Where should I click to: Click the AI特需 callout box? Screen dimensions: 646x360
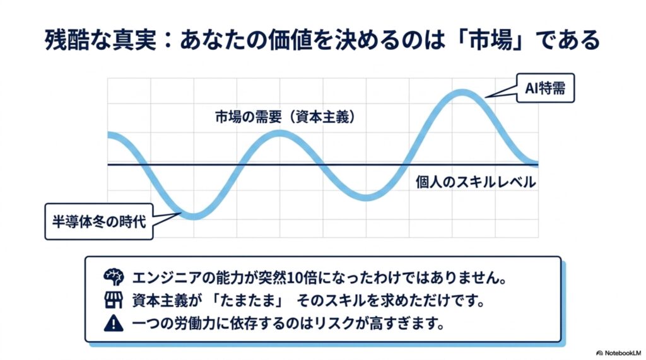[x=545, y=88]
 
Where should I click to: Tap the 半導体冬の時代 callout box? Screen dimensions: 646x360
[x=99, y=221]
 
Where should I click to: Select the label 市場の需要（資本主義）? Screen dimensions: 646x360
[x=285, y=117]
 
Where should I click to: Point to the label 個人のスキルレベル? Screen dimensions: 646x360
[x=476, y=182]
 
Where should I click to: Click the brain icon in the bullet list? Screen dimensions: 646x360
[x=114, y=277]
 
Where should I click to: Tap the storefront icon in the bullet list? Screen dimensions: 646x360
[x=114, y=301]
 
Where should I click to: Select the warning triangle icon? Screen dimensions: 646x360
[x=114, y=323]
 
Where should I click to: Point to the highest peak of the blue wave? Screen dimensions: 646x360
[x=462, y=93]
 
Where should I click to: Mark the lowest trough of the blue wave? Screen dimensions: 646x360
[x=194, y=216]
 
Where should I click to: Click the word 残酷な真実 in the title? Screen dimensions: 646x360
[x=100, y=40]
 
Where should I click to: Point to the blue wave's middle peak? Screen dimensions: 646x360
[x=279, y=134]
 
